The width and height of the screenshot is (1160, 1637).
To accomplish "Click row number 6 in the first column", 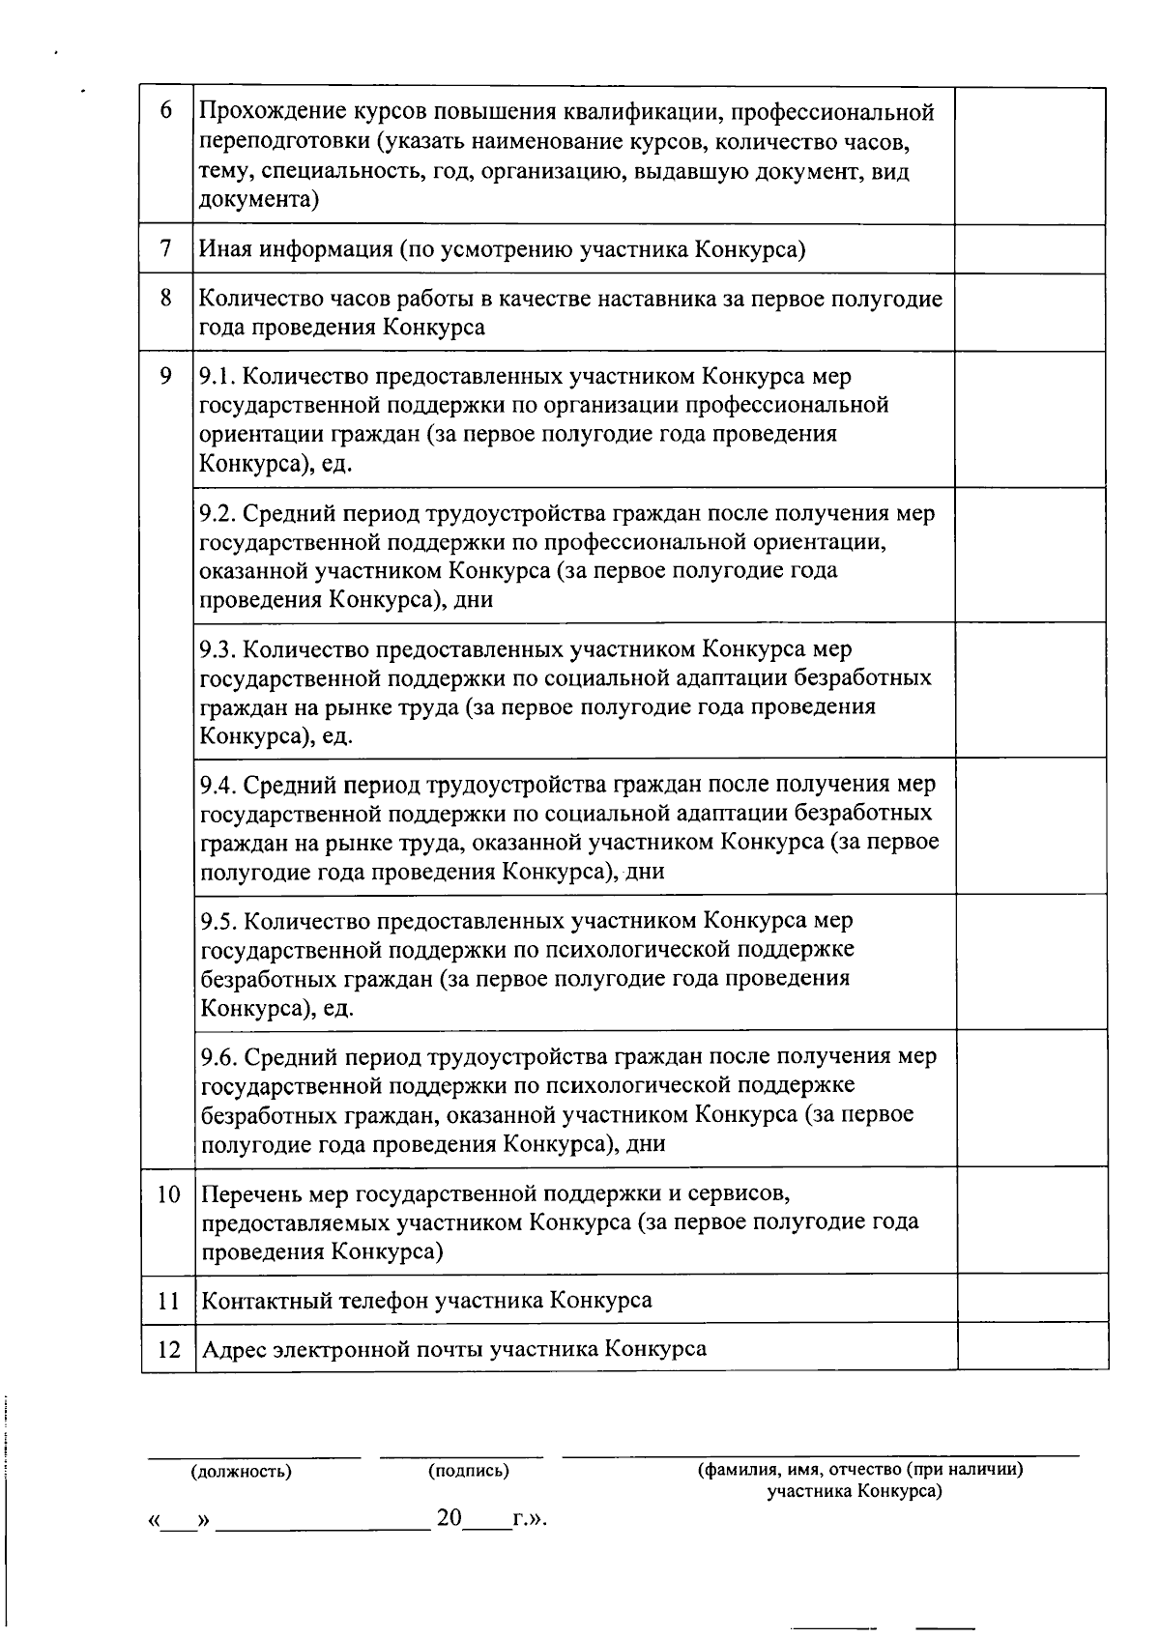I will pyautogui.click(x=166, y=110).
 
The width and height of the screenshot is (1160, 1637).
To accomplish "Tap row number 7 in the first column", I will pyautogui.click(x=166, y=249).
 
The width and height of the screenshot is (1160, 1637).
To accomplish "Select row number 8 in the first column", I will pyautogui.click(x=166, y=298).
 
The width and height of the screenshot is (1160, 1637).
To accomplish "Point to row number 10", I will pyautogui.click(x=168, y=1194).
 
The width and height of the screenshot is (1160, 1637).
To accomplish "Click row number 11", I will pyautogui.click(x=168, y=1301).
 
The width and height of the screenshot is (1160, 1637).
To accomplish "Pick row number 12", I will pyautogui.click(x=168, y=1349).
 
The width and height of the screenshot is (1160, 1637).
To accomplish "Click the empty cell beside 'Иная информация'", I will pyautogui.click(x=1030, y=249).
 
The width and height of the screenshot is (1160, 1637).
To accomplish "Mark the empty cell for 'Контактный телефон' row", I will pyautogui.click(x=1032, y=1299).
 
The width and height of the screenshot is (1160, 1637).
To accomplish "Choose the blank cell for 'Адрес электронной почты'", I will pyautogui.click(x=1032, y=1347).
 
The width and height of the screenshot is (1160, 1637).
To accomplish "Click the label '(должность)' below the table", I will pyautogui.click(x=242, y=1472).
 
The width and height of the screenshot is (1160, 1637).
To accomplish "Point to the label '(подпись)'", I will pyautogui.click(x=469, y=1471).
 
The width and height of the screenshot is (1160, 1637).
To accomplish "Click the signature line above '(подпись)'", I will pyautogui.click(x=461, y=1454).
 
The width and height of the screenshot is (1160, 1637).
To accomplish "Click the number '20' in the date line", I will pyautogui.click(x=449, y=1517).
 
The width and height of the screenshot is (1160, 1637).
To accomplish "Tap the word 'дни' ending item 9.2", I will pyautogui.click(x=473, y=599).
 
